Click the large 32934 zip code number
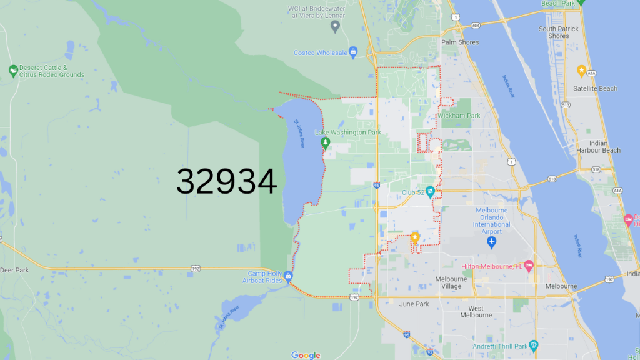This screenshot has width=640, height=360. pyautogui.click(x=226, y=182)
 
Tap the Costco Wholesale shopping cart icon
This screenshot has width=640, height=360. pyautogui.click(x=353, y=51)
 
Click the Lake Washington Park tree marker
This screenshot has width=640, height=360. pyautogui.click(x=325, y=142)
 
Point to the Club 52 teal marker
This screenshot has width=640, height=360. pyautogui.click(x=430, y=191)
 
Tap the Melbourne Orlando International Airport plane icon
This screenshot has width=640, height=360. pyautogui.click(x=492, y=241)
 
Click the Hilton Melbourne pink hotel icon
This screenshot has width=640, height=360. pyautogui.click(x=528, y=266)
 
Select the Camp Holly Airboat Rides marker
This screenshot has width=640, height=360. pyautogui.click(x=287, y=276)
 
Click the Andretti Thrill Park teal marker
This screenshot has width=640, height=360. pyautogui.click(x=533, y=345)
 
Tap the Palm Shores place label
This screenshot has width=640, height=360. pyautogui.click(x=460, y=42)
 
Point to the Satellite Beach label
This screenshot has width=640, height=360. pyautogui.click(x=595, y=89)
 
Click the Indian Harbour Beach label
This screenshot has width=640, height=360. pyautogui.click(x=598, y=146)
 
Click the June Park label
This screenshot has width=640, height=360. pyautogui.click(x=414, y=304)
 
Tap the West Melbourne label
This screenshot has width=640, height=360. pyautogui.click(x=476, y=312)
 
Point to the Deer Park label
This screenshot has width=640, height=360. pyautogui.click(x=14, y=271)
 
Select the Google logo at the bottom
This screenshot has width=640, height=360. pyautogui.click(x=306, y=355)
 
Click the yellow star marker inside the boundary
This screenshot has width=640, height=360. pyautogui.click(x=415, y=237)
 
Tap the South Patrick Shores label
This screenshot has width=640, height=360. pyautogui.click(x=558, y=32)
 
